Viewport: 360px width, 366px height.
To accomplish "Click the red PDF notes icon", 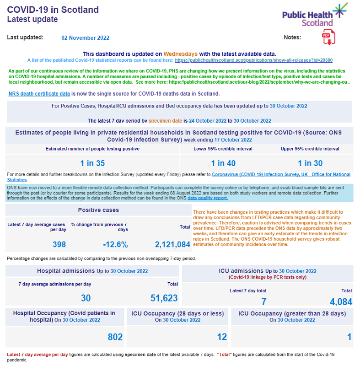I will point(328,38).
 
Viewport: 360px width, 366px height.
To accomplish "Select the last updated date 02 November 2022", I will point(86,38).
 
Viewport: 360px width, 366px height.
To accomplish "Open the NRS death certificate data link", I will point(39,94).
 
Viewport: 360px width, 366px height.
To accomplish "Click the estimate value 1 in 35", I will point(92,163).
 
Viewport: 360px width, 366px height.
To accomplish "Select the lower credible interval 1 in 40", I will point(223,163).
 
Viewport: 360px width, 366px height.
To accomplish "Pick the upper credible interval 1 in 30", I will point(310,163).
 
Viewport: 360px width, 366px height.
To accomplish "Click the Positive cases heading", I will point(98,210).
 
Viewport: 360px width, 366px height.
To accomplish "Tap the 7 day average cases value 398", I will point(59,245).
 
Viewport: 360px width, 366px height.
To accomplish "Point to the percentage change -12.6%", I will point(115,245).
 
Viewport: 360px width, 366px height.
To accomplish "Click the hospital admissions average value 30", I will point(86,298).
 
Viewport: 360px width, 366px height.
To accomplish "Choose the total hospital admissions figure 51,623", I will point(164,298).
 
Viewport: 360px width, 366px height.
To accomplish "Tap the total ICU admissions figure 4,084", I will point(341,301).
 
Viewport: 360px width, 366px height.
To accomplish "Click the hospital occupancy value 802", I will point(115,337).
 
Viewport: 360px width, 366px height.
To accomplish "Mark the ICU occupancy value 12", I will point(222,337).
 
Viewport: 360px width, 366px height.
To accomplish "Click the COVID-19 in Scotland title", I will point(53,10).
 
